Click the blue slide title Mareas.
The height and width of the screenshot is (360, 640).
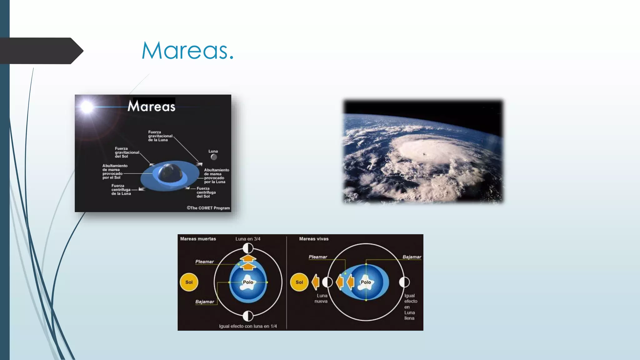(x=187, y=51)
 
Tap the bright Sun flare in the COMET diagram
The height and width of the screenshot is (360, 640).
(x=87, y=107)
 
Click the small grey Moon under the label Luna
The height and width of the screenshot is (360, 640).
(x=214, y=157)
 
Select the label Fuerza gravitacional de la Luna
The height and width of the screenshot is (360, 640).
(x=160, y=136)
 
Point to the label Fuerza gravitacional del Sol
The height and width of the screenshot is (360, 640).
(x=127, y=152)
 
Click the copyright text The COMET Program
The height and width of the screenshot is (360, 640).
(x=208, y=208)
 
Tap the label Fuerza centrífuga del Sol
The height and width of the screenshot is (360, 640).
(x=206, y=192)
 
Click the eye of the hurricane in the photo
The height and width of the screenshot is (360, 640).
(x=424, y=154)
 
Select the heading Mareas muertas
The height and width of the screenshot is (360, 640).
(x=198, y=239)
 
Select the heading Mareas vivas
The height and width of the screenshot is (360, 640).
(x=314, y=239)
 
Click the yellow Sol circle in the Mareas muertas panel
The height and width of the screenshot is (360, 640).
(x=189, y=282)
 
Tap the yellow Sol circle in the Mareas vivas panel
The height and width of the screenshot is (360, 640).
(x=299, y=282)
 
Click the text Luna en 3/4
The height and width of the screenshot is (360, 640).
(x=248, y=239)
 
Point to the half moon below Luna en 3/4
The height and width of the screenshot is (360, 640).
(x=248, y=248)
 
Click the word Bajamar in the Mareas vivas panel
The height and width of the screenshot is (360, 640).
(x=412, y=257)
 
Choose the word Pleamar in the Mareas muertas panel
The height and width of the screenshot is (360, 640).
(x=205, y=262)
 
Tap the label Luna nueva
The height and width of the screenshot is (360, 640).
(x=321, y=298)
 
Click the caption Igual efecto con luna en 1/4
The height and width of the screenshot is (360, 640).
(x=248, y=326)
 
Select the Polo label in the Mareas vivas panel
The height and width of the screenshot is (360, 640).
(x=366, y=282)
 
